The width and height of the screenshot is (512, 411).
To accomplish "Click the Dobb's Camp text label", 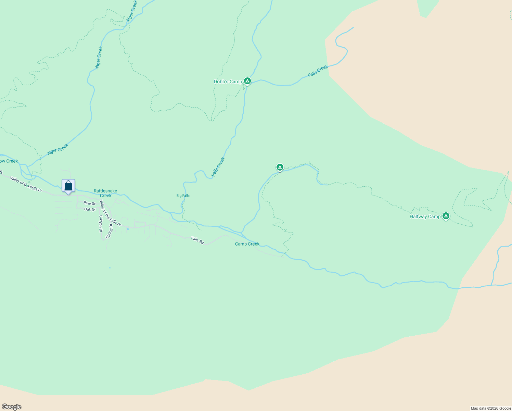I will pos(228,82).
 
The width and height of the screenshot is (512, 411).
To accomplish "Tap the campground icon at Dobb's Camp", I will pos(247,81).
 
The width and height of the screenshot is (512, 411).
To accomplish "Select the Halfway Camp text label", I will pos(425,216).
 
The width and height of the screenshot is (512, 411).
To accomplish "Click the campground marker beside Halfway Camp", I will pos(446,216).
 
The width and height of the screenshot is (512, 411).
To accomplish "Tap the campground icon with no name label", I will pos(280,167).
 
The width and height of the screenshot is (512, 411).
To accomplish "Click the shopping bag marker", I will pos(68,186).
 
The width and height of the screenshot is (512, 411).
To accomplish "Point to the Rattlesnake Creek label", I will pos(105,193).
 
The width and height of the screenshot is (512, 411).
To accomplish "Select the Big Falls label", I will pos(183,196).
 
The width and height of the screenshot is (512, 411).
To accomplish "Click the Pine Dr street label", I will pos(89,203).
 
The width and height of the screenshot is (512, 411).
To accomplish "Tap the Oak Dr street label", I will pos(90,209).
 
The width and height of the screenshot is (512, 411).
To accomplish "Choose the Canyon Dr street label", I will pos(101,224).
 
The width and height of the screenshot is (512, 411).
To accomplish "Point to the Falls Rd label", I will pos(197,240).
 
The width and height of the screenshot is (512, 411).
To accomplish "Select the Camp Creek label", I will pos(247,244).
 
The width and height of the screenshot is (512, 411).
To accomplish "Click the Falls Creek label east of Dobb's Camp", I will pos(318,71).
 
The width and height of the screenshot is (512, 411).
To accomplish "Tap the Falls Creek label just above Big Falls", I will pos(218,167).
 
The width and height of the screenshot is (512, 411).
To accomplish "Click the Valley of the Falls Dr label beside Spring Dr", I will pos(110,213).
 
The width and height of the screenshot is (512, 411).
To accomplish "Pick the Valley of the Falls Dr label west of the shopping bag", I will pos(26,184).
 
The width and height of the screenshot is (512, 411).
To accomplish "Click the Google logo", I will pos(12,407).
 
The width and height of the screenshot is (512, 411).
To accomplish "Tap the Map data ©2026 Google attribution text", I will pos(491,408).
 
